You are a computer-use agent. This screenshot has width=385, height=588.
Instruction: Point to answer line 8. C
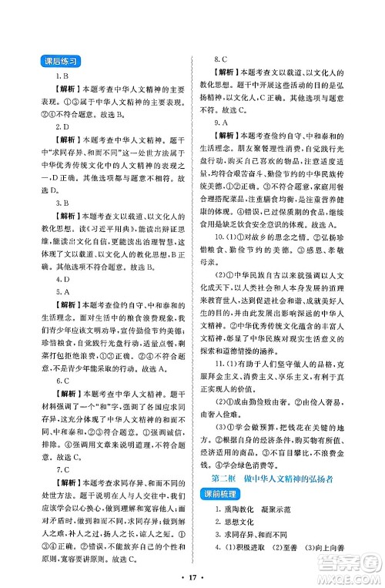[220, 59]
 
